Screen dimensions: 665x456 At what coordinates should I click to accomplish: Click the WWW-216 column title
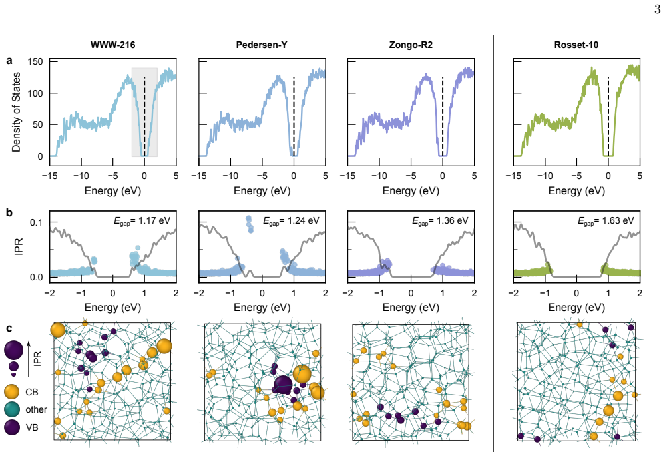[x=112, y=45]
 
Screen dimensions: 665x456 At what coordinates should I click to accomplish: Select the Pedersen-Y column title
[x=262, y=45]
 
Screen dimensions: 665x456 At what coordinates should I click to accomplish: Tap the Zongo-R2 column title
[x=411, y=45]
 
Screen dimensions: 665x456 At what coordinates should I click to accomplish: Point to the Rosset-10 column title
[x=576, y=45]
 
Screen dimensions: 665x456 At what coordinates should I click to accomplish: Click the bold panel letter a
[x=9, y=61]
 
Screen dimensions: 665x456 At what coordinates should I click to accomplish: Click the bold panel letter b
[x=9, y=212]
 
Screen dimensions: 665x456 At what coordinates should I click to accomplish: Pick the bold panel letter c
[x=9, y=328]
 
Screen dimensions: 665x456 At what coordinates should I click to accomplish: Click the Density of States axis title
[x=16, y=112]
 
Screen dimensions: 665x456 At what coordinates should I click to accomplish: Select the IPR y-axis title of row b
[x=19, y=247]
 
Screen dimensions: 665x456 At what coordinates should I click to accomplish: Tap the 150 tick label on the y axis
[x=35, y=61]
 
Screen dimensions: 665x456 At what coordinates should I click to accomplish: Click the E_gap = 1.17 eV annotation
[x=142, y=220]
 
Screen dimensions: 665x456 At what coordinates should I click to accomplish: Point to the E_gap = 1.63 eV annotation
[x=606, y=220]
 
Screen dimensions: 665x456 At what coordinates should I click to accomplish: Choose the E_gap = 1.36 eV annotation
[x=440, y=220]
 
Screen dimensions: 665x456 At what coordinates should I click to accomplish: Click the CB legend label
[x=32, y=392]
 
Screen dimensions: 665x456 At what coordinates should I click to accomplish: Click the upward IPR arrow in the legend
[x=29, y=359]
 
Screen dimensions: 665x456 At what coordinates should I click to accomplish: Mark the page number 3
[x=657, y=9]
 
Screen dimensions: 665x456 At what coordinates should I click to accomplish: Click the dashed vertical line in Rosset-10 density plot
[x=608, y=117]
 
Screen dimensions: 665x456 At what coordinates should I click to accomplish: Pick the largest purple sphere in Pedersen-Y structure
[x=283, y=386]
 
